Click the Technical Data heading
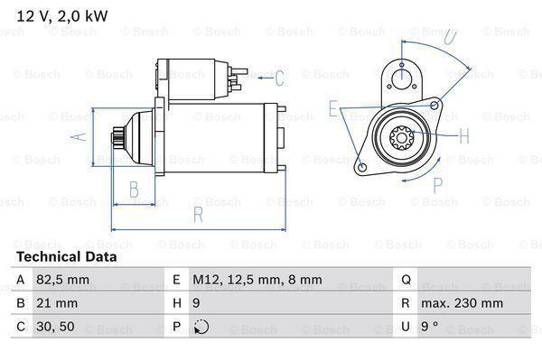tap(67, 257)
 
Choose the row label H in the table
tap(176, 302)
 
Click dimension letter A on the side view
tap(79, 136)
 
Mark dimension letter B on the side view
tap(133, 190)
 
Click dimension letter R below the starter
tap(196, 215)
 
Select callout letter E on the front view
tap(333, 109)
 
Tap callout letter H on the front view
tap(463, 137)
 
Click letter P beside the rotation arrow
tap(437, 186)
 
